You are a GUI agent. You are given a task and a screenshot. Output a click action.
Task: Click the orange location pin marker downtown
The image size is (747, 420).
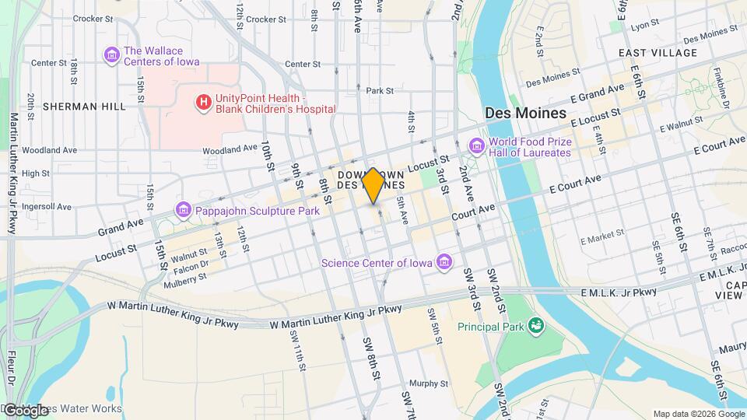[373, 185]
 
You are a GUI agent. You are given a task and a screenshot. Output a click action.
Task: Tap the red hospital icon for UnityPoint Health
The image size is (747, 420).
[203, 103]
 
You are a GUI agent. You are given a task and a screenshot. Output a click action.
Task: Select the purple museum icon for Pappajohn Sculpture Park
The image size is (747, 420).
[183, 210]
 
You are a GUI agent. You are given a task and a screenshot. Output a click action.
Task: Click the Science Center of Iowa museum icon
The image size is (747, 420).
[444, 261]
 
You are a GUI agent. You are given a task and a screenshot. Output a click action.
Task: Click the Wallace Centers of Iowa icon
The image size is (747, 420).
[111, 55]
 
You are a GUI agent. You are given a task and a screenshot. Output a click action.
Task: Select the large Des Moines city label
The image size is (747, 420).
[525, 113]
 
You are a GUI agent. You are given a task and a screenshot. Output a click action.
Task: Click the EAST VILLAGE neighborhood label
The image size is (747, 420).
[658, 53]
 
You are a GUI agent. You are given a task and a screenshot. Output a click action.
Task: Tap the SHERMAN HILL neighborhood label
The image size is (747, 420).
[84, 106]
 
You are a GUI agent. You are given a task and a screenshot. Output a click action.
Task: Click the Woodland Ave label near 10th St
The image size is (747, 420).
[230, 149]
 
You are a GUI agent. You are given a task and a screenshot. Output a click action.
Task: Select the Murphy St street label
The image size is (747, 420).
[425, 383]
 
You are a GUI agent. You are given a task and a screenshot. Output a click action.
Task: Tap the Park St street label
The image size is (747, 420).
[380, 91]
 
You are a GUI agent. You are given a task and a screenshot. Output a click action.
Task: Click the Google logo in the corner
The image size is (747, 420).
[25, 410]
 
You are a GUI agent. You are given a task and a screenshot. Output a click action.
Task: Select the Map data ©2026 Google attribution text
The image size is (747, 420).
[698, 414]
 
